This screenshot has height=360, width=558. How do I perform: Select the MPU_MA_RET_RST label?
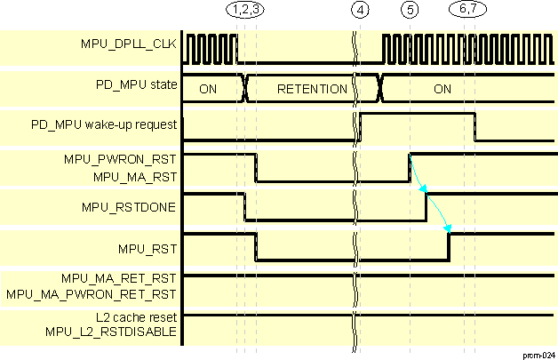tap(118, 277)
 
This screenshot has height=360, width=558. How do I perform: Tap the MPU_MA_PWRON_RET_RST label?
tap(92, 293)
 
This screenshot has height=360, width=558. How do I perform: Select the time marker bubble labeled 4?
tap(359, 11)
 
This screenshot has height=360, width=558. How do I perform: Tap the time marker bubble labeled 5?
tap(410, 11)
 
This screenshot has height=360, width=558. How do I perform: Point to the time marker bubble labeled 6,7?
tap(468, 11)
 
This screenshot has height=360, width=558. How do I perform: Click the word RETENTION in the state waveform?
tap(312, 89)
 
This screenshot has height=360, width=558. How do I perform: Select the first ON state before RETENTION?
tap(208, 89)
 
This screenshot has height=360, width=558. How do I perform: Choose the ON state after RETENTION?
tap(442, 89)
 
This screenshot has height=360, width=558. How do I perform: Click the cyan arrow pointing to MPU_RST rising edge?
tap(440, 214)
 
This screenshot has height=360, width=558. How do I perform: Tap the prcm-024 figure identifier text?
tap(537, 353)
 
